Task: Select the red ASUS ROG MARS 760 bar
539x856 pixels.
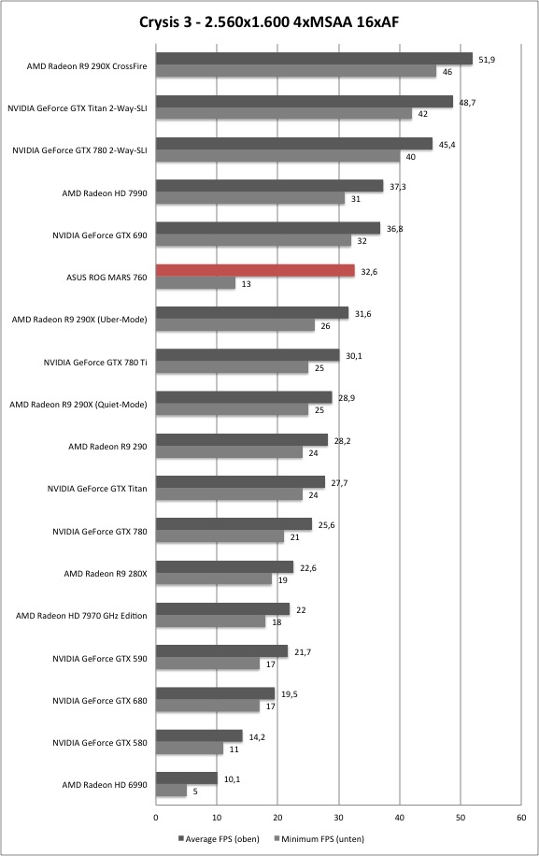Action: click(255, 270)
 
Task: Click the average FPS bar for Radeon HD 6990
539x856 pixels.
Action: click(187, 778)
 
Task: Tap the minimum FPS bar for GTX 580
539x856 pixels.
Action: click(190, 749)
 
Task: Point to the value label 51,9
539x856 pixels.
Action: click(487, 60)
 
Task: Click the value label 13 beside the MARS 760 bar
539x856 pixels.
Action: click(246, 284)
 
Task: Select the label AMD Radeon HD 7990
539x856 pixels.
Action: click(105, 193)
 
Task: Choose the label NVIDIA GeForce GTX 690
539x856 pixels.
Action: click(100, 235)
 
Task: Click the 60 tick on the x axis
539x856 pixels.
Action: click(521, 818)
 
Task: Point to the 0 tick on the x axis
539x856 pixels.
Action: click(156, 818)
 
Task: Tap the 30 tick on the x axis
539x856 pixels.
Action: click(339, 818)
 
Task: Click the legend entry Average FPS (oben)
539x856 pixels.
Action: click(219, 838)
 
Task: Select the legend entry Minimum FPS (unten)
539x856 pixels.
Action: click(319, 838)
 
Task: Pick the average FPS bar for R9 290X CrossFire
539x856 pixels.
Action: click(314, 59)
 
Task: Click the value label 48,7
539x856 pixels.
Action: click(467, 102)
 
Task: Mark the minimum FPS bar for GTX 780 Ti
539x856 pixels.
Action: click(232, 367)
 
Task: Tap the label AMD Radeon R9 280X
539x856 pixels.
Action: click(106, 573)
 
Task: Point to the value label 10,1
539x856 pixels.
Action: click(232, 779)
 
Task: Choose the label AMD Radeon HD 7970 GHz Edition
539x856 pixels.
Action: click(81, 615)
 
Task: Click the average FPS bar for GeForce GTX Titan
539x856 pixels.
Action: click(240, 481)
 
